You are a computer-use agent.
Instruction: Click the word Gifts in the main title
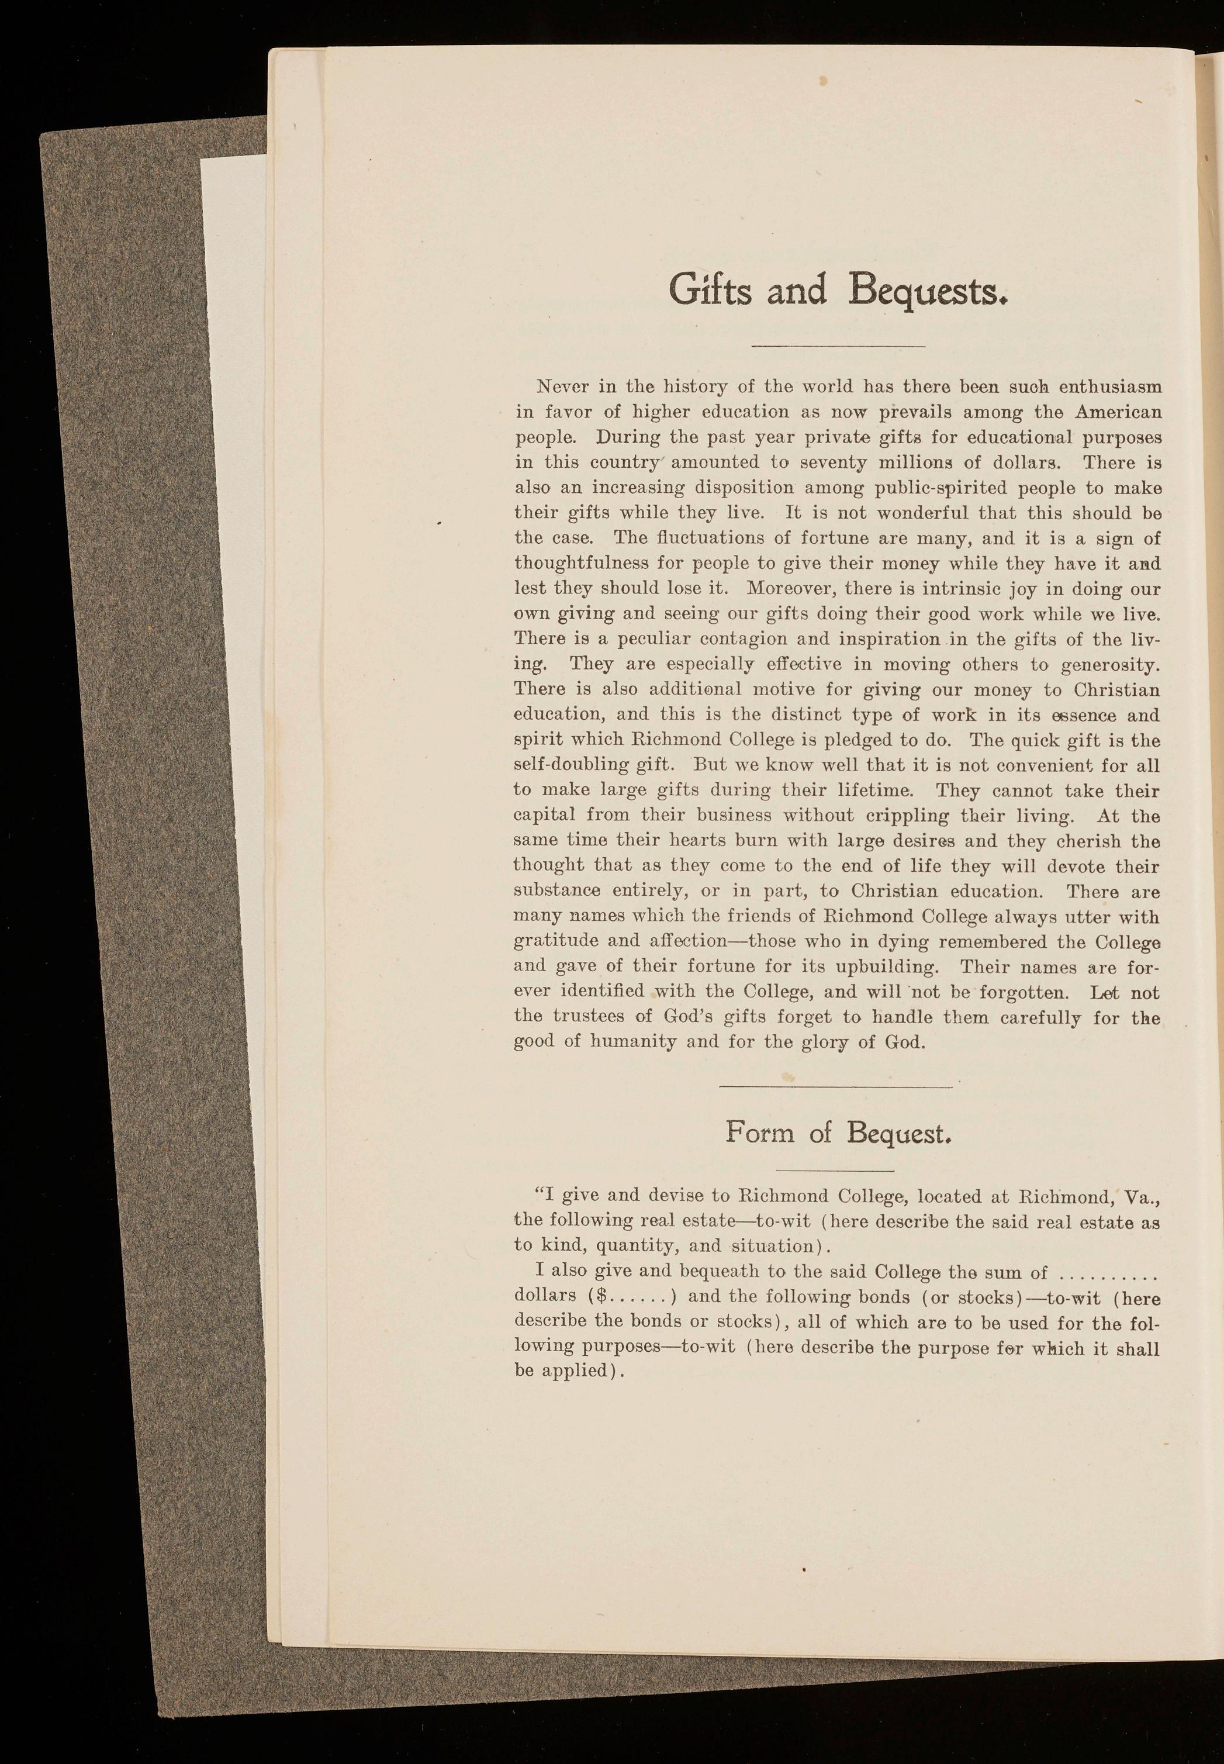coord(710,291)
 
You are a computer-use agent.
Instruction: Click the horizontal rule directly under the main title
coord(838,347)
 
